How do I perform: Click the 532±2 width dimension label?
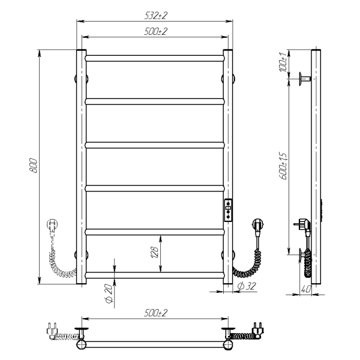pyautogui.click(x=156, y=16)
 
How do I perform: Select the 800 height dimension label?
pyautogui.click(x=33, y=166)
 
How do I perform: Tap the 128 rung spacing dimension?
pyautogui.click(x=155, y=252)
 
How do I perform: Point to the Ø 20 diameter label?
pyautogui.click(x=109, y=293)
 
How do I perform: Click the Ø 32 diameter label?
pyautogui.click(x=247, y=286)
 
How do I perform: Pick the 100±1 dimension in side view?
pyautogui.click(x=283, y=62)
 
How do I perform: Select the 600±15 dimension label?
pyautogui.click(x=283, y=166)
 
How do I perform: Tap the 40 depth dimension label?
pyautogui.click(x=305, y=289)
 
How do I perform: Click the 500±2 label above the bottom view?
pyautogui.click(x=156, y=313)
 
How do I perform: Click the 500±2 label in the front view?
pyautogui.click(x=156, y=31)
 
